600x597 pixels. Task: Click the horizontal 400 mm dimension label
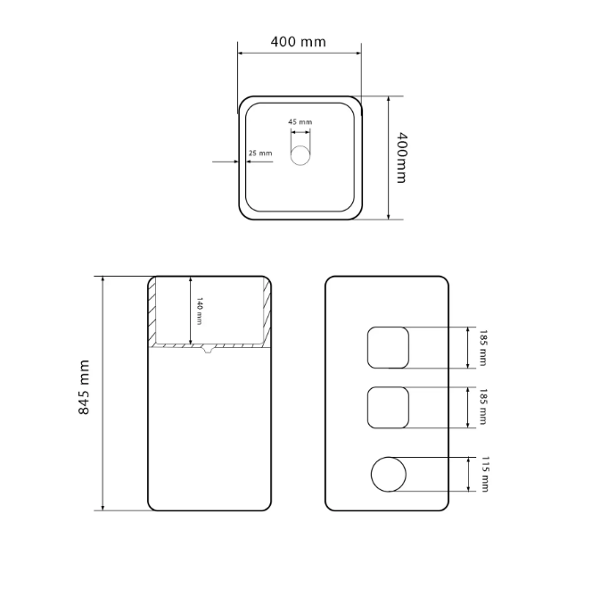[x=298, y=41]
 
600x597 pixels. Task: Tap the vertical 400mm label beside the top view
[x=401, y=158]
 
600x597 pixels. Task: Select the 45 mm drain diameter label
[x=300, y=121]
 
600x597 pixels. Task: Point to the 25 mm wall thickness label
[x=260, y=153]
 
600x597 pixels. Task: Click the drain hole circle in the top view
[x=300, y=155]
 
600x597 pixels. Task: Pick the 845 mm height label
[x=84, y=387]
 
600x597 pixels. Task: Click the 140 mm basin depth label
[x=199, y=311]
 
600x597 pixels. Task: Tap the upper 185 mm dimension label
[x=483, y=348]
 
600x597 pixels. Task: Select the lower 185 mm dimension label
[x=483, y=407]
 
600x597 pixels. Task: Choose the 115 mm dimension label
[x=485, y=474]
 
